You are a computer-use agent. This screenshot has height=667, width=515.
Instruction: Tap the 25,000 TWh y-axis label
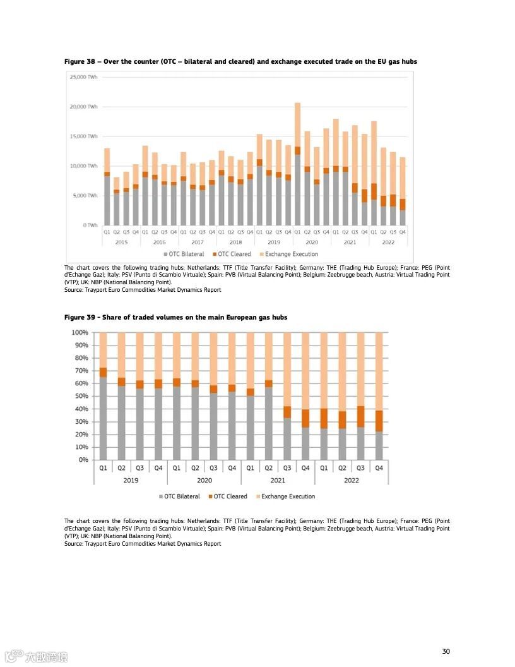83,77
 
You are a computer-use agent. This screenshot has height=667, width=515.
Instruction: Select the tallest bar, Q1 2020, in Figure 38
297,164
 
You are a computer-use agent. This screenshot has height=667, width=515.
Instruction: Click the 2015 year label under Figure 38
122,242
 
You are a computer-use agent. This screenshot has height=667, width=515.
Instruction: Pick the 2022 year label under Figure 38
388,242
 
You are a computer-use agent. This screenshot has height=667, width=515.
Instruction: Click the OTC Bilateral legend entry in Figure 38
184,254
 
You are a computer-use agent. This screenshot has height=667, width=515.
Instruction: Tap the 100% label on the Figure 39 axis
80,332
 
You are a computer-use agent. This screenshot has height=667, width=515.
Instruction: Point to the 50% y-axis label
81,396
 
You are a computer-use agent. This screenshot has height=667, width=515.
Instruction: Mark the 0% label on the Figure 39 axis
83,460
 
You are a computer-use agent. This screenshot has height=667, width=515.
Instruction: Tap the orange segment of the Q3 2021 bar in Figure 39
287,412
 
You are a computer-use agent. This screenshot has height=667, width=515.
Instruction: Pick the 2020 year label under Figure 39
204,480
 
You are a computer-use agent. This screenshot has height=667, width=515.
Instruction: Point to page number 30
446,651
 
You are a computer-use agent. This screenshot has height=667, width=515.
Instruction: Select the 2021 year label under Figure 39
278,480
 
